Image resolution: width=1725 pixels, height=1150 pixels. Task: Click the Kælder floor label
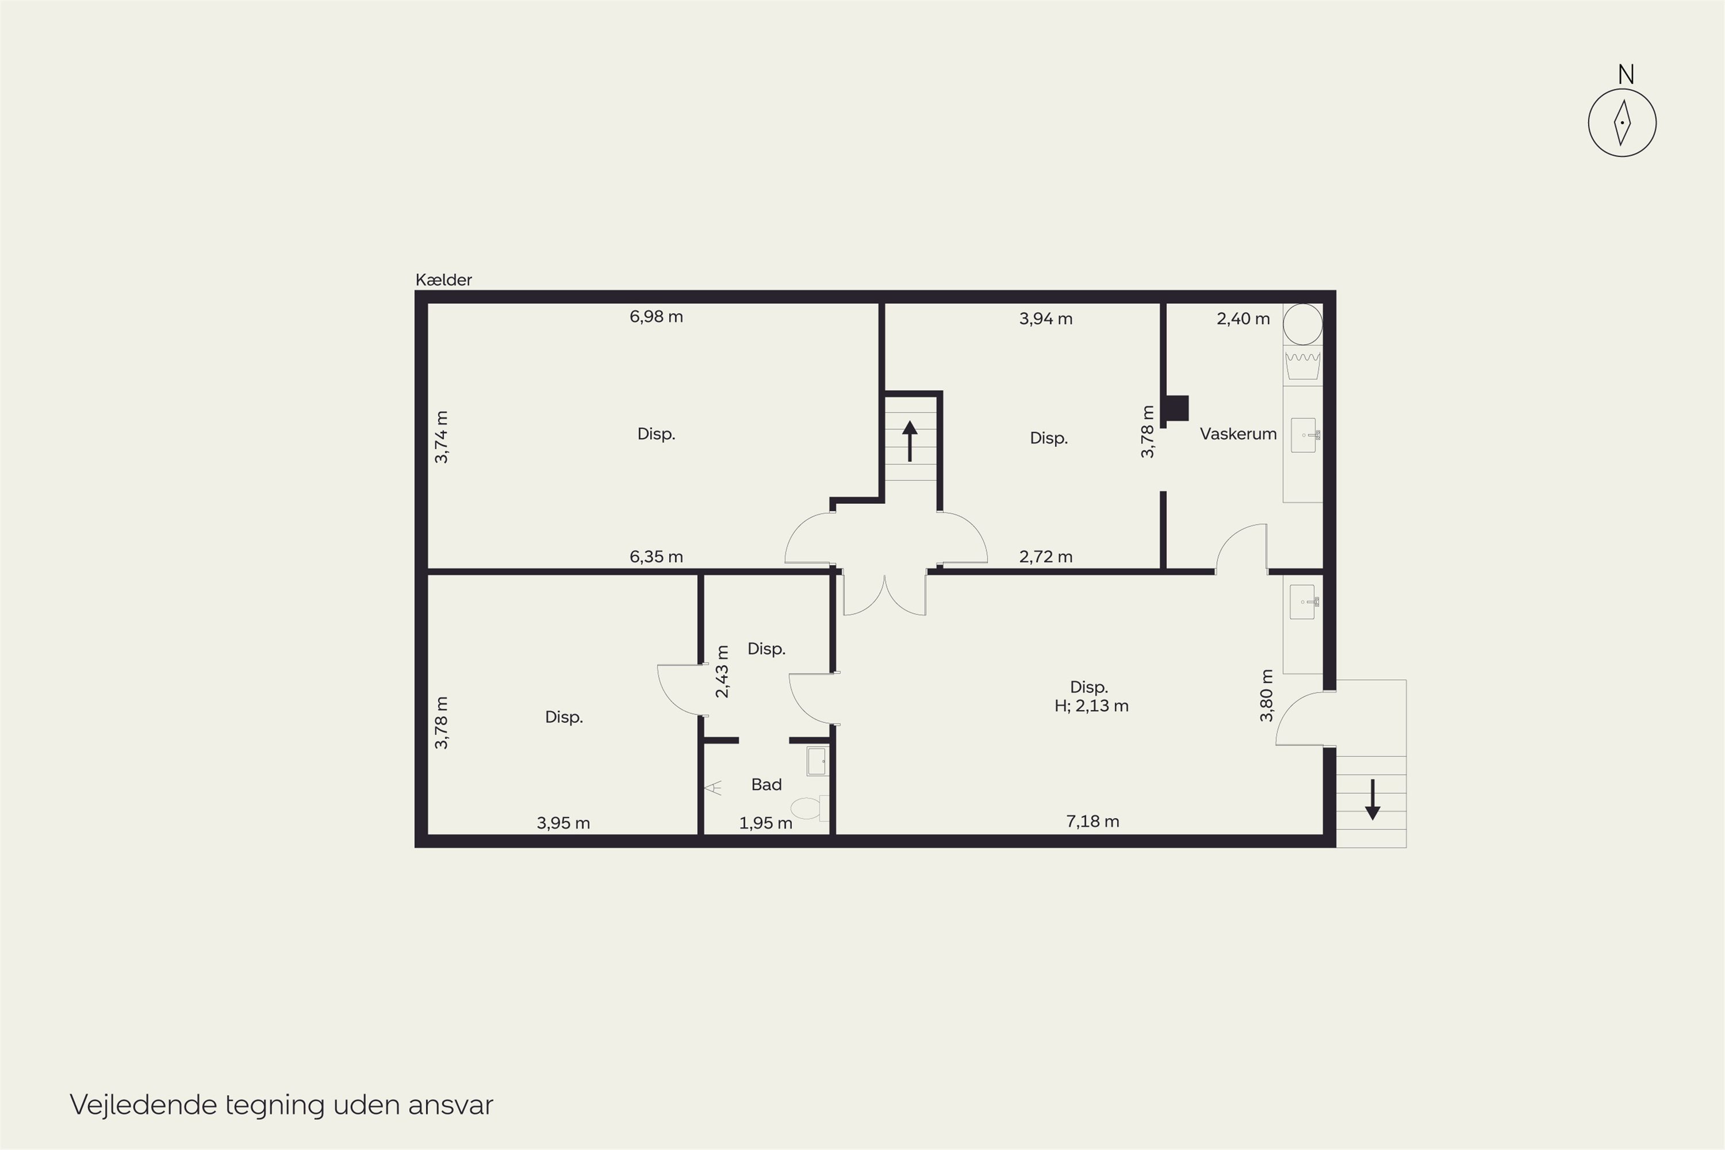click(444, 279)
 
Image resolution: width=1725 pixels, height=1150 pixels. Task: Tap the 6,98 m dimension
click(657, 317)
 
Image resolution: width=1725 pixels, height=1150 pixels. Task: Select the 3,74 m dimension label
click(442, 437)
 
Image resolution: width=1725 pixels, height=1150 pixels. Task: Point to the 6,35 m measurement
click(657, 557)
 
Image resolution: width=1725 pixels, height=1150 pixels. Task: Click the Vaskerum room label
click(1238, 434)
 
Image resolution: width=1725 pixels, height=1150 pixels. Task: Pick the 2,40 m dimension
click(1243, 319)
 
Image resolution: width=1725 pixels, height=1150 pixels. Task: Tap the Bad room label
click(766, 785)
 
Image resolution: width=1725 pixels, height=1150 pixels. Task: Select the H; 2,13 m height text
click(1091, 706)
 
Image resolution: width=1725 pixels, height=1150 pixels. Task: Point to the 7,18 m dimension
click(1093, 822)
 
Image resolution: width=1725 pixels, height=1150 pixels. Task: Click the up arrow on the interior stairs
click(910, 441)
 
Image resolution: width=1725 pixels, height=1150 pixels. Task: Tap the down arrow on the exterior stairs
click(1372, 799)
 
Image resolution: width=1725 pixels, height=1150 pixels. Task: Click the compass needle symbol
click(1622, 122)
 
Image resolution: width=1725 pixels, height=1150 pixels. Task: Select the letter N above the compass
click(1626, 75)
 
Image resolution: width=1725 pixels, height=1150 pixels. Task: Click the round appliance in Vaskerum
click(1302, 324)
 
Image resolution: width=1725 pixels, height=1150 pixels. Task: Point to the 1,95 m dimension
click(766, 823)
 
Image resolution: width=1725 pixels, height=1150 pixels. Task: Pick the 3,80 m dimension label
click(1267, 695)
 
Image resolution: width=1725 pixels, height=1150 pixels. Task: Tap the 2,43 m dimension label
click(722, 671)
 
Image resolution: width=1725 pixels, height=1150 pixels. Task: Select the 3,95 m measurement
click(563, 823)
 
